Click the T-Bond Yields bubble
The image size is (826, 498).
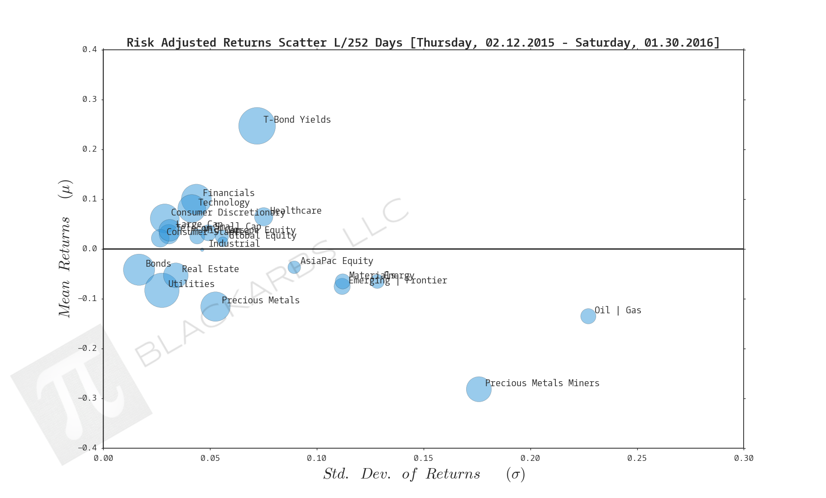pos(257,126)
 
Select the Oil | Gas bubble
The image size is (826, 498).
pos(588,316)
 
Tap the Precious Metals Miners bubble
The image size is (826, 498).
pos(479,389)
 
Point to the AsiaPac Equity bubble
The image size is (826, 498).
pos(294,267)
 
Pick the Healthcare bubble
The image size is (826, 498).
pos(263,217)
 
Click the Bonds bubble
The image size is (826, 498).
pos(139,270)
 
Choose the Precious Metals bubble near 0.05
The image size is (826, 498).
pos(215,306)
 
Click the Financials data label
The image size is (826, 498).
pos(229,193)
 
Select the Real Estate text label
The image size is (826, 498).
pos(210,269)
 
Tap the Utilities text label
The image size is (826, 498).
pos(191,284)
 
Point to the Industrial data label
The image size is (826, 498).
pos(234,244)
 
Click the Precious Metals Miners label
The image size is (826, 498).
pos(542,383)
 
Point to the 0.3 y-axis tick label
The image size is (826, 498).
pos(90,100)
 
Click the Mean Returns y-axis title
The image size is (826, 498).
pos(65,249)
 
